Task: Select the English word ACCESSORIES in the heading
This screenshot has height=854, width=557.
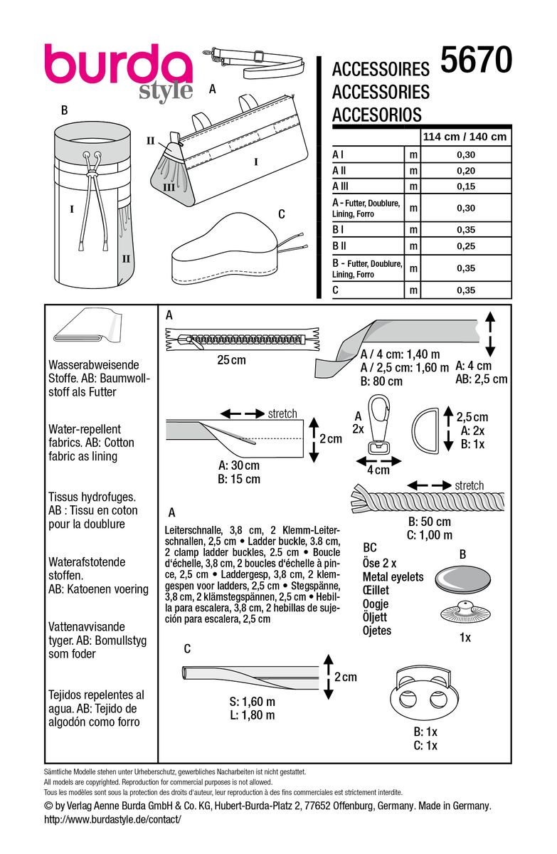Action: click(381, 92)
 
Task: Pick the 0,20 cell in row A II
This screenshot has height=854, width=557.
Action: click(465, 170)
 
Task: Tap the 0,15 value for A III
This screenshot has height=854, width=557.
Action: click(465, 186)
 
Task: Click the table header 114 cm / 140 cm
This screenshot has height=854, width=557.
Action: click(465, 137)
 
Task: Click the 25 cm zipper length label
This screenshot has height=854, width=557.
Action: click(231, 360)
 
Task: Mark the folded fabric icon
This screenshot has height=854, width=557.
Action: click(83, 332)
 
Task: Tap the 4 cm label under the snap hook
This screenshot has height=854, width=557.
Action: click(382, 470)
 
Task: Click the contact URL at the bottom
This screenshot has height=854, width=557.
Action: click(113, 820)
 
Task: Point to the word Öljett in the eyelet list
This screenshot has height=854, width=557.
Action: click(378, 617)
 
